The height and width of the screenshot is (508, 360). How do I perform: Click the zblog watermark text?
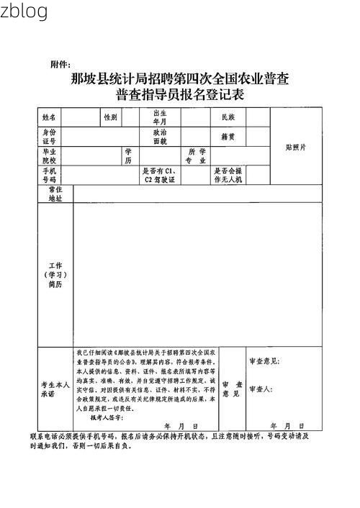pos(24,11)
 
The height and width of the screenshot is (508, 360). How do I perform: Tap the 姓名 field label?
pos(49,117)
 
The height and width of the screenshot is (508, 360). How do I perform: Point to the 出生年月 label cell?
pos(159,117)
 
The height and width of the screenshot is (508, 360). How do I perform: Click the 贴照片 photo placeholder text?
pos(295,147)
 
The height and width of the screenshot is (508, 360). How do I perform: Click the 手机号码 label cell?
pos(49,175)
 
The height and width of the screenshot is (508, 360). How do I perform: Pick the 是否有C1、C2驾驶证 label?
pos(160,175)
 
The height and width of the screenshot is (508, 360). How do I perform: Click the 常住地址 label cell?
pos(55,193)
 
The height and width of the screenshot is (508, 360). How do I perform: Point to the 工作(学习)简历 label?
pos(55,275)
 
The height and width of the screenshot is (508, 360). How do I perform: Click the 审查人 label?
pos(259,389)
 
